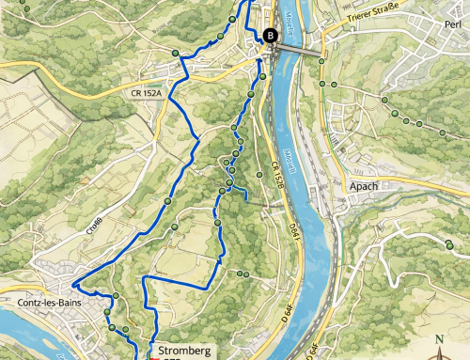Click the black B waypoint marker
271,36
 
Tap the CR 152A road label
148,94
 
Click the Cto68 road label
95,225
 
